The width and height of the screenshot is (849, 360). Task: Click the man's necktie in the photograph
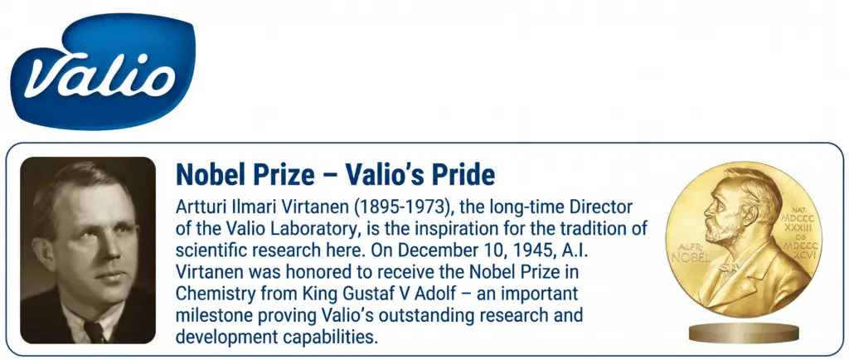pos(95,332)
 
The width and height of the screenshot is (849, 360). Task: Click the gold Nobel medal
pos(744,240)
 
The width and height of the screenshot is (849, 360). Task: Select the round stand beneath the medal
pos(744,333)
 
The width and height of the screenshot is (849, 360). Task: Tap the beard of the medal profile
pos(725,234)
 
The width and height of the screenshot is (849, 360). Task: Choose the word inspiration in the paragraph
pos(454,228)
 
